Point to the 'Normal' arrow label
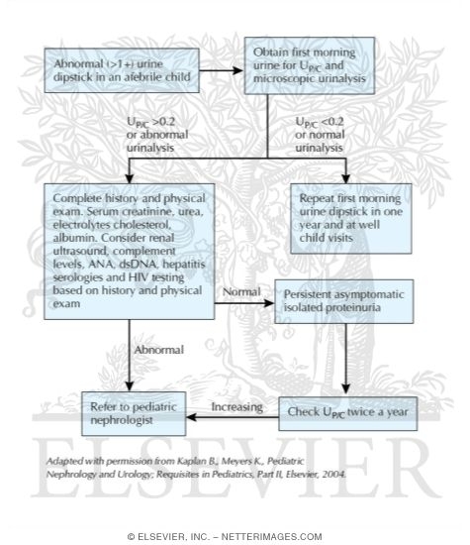tap(241, 294)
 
